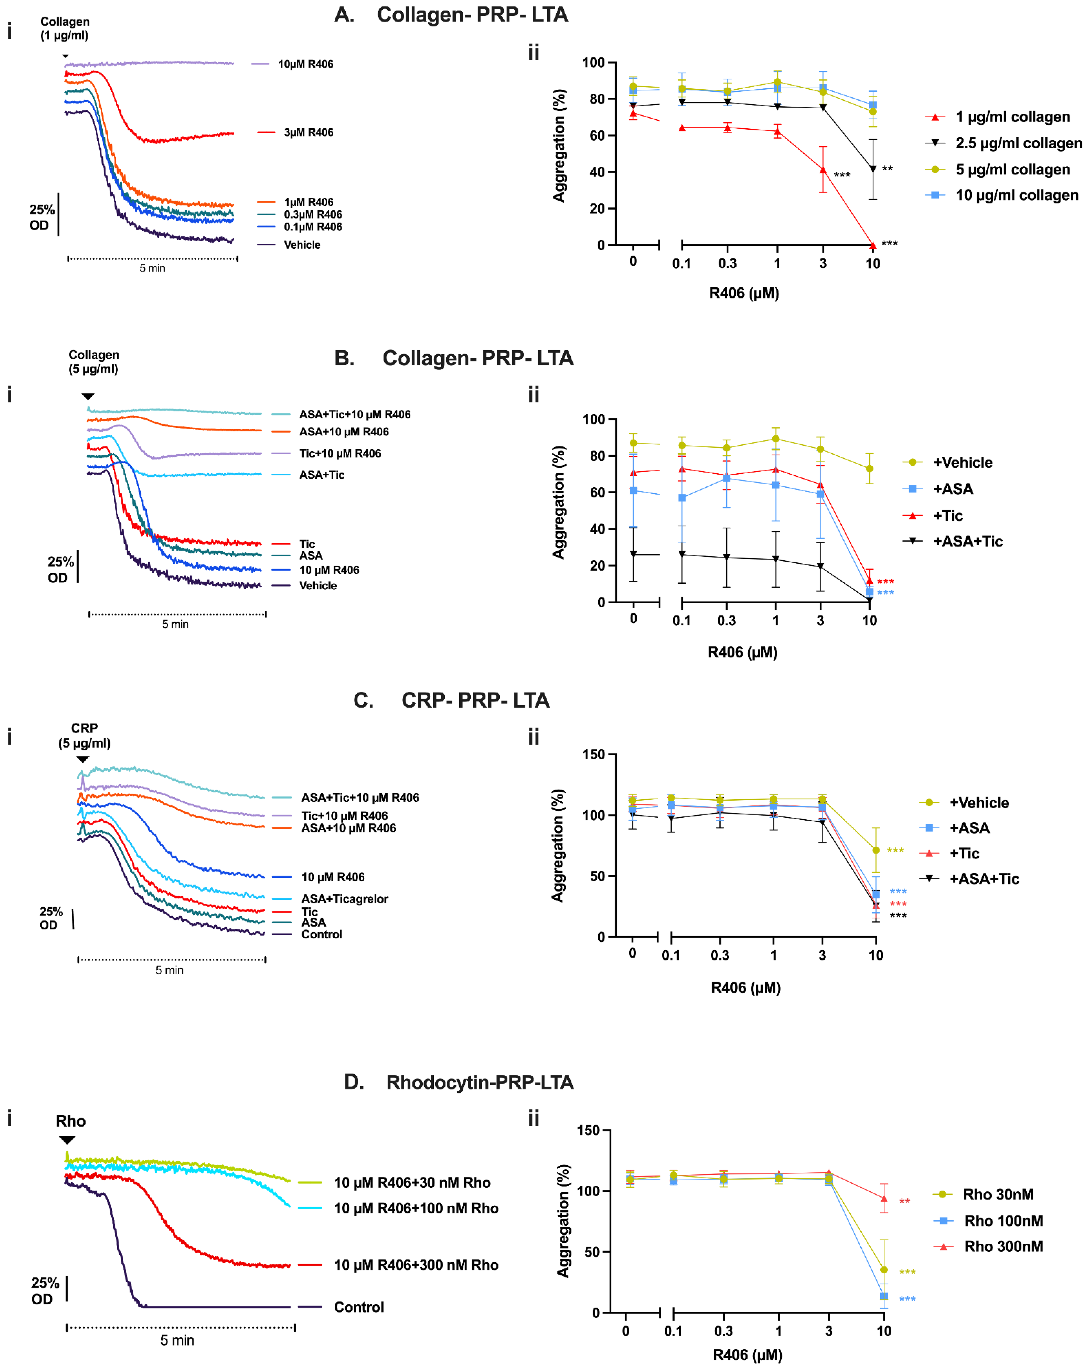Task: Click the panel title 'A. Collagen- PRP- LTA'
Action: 451,15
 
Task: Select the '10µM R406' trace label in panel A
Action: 305,64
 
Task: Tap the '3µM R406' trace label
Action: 308,133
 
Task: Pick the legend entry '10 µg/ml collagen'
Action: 1016,195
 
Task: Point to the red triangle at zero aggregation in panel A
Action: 873,245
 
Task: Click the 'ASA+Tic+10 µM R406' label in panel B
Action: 355,414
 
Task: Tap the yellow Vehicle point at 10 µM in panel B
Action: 869,469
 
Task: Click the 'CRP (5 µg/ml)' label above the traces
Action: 84,735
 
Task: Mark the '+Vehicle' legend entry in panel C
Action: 978,803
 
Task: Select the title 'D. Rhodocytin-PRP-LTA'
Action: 458,1082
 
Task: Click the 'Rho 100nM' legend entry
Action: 1003,1221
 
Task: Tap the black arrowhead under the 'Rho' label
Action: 67,1140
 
